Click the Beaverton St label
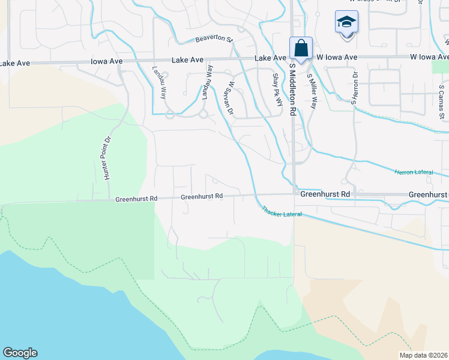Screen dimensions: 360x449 click(214, 40)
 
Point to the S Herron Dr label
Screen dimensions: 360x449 click(354, 88)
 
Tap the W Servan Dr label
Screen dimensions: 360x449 click(228, 97)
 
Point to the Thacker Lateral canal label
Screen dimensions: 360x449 click(281, 211)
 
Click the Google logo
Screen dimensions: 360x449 click(20, 353)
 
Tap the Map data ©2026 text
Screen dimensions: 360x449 click(423, 355)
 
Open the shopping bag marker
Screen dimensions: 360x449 click(301, 48)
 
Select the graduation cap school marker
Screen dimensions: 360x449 click(346, 22)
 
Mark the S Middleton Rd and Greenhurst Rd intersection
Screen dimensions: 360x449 click(294, 195)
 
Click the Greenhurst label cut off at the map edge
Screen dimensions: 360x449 click(428, 195)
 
